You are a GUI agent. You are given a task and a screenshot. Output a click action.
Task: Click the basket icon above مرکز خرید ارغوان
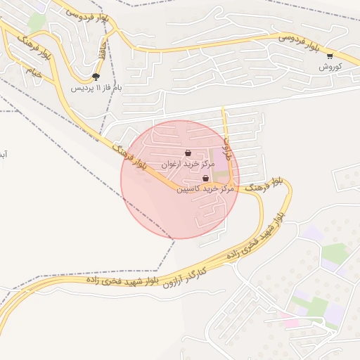[188, 153]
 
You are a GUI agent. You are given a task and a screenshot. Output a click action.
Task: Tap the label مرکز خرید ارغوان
[187, 164]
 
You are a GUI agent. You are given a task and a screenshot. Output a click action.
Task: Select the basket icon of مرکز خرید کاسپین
[205, 179]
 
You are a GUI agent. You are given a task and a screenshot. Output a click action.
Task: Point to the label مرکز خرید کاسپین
[205, 189]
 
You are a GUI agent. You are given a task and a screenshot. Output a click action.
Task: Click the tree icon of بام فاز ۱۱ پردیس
[96, 77]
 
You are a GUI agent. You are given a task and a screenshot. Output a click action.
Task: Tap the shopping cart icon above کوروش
[330, 56]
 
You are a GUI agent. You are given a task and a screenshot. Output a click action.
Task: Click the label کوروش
[330, 67]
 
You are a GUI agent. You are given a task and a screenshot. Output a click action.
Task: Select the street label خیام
[33, 72]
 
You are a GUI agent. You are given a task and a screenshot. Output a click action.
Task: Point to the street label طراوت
[226, 148]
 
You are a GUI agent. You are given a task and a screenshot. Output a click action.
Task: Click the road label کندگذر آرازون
[187, 277]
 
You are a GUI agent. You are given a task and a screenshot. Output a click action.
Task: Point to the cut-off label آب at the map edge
[4, 153]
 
